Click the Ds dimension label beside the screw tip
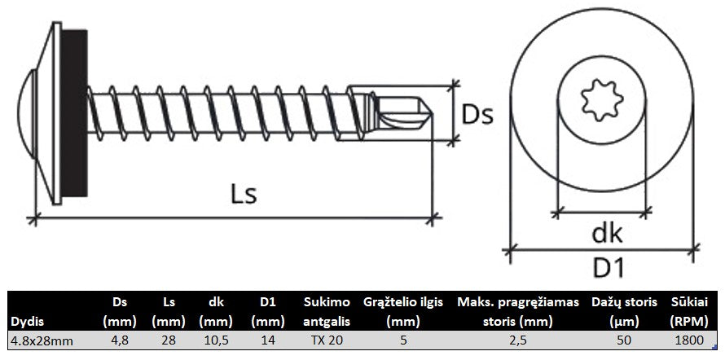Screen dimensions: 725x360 tap(477, 115)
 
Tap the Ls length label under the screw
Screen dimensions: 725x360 tap(244, 195)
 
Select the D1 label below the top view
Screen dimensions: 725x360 tap(609, 268)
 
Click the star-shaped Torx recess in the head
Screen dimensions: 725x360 tap(602, 100)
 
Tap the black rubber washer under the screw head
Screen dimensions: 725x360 tap(74, 112)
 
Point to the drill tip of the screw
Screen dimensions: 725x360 tap(404, 112)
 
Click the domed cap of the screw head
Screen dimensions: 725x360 tap(25, 114)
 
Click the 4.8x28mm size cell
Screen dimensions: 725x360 tap(42, 340)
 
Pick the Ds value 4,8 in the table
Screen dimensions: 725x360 tap(119, 340)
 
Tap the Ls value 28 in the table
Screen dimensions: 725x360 tap(169, 340)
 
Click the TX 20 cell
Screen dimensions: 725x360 tap(327, 340)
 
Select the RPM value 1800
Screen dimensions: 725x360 tap(689, 340)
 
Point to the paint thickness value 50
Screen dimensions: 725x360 tap(624, 340)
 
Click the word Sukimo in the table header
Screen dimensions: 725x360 tap(327, 303)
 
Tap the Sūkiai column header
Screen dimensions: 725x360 tap(689, 303)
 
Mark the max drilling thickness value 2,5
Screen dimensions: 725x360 tap(517, 340)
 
